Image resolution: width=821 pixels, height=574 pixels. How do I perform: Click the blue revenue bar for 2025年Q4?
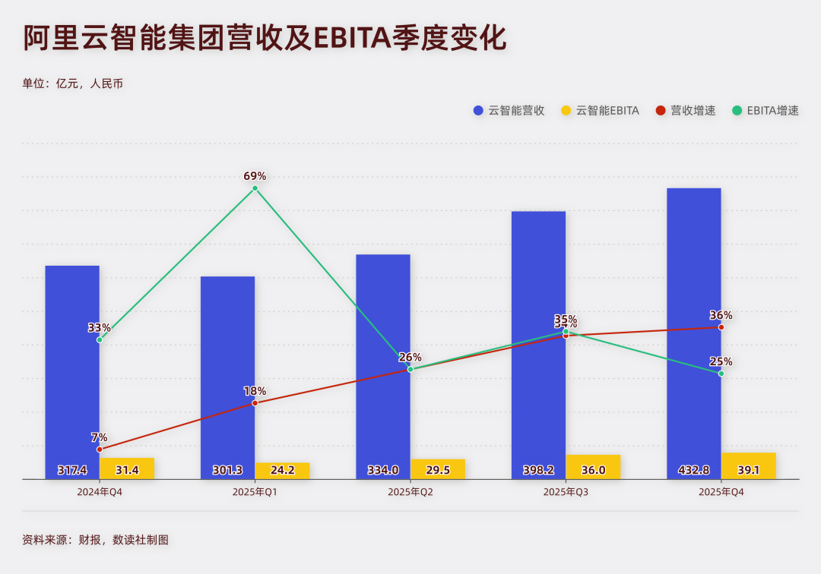point(693,326)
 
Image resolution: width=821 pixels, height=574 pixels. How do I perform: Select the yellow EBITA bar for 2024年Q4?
point(127,468)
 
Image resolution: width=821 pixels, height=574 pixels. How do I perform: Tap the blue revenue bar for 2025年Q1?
point(227,372)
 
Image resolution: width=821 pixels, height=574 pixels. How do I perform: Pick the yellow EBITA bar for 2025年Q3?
point(593,466)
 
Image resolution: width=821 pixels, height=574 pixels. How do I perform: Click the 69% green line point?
point(255,188)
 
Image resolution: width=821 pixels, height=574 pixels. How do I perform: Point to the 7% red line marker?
point(100,449)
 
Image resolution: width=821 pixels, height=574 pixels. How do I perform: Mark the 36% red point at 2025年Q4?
point(721,327)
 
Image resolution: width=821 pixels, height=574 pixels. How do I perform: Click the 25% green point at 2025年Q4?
point(721,374)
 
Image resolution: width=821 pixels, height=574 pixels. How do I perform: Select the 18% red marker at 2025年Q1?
point(255,402)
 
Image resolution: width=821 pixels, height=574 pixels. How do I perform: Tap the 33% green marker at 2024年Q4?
point(100,339)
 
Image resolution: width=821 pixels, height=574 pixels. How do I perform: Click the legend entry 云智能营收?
point(509,111)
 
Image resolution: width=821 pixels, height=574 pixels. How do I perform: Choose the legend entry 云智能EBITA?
point(600,111)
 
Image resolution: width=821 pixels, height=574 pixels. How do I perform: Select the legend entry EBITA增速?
point(766,111)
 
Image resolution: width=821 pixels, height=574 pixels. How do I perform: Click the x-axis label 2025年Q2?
point(410,492)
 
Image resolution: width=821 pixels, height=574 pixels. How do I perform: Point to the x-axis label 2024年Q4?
point(100,492)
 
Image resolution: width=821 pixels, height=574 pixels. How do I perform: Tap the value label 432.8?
point(693,470)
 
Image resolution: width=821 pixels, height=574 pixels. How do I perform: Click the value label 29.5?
point(438,470)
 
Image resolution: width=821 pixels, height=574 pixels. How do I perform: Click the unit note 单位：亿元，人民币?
point(73,84)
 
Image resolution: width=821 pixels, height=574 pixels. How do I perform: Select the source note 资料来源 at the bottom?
point(95,540)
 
